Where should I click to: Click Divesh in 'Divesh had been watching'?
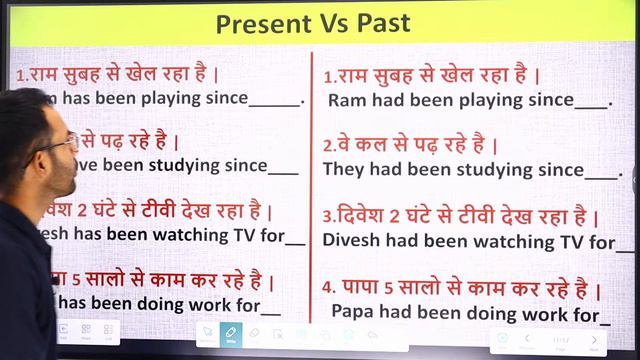pyautogui.click(x=349, y=241)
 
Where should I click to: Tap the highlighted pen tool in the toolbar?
pyautogui.click(x=231, y=332)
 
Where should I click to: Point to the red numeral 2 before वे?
pyautogui.click(x=328, y=146)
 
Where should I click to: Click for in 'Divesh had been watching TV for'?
pyautogui.click(x=603, y=241)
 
